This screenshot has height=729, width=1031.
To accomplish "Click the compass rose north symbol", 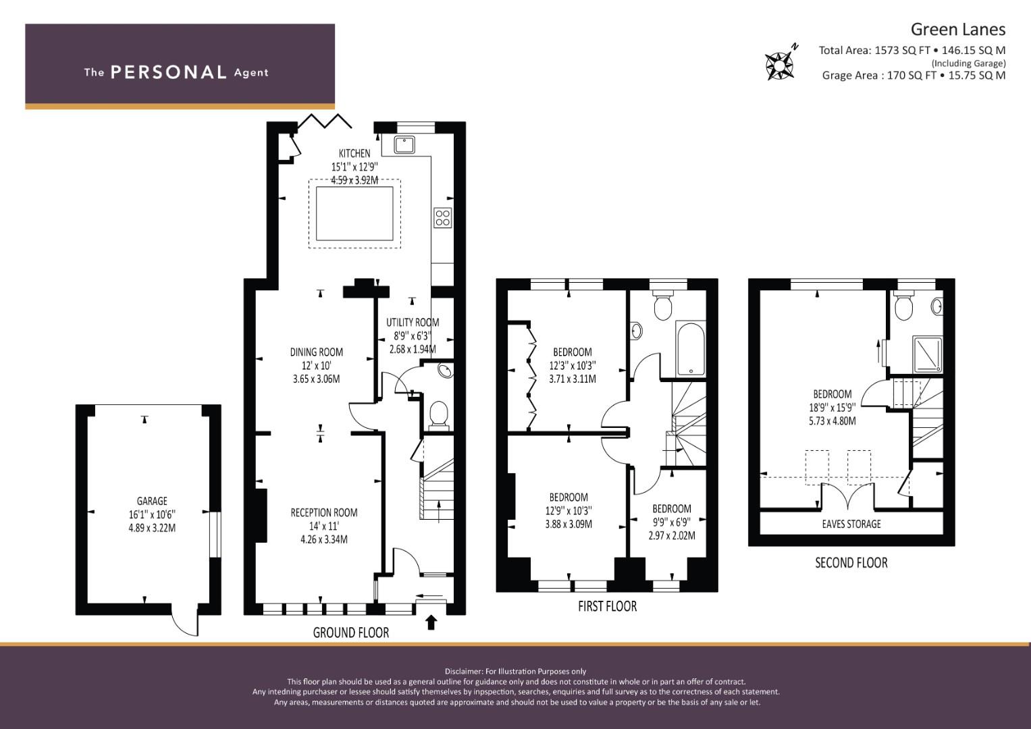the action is tap(781, 64).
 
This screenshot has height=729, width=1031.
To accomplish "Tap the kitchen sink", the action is tap(404, 144).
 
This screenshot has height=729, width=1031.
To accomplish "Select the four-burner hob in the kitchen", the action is tap(442, 217).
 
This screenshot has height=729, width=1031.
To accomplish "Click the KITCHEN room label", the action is tap(354, 153).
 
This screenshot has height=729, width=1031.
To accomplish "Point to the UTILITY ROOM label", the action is tap(413, 322).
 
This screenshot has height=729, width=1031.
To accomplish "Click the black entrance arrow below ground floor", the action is tap(431, 622).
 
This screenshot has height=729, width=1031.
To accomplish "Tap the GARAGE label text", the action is tap(152, 501).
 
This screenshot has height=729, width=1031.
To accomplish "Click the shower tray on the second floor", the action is tap(927, 354).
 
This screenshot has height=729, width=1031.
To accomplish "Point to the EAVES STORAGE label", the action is tap(851, 524).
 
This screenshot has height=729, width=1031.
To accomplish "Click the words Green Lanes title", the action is tap(958, 30).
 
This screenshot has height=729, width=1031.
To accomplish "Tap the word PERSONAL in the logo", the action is tap(169, 72).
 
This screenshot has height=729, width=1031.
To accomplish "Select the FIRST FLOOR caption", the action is tap(607, 606).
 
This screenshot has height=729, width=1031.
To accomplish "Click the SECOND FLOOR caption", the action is tap(851, 562).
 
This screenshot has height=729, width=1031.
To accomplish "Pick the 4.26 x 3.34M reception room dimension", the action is tap(324, 539).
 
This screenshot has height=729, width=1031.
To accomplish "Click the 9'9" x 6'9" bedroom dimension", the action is tap(672, 522).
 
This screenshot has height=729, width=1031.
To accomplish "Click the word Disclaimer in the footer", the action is tap(464, 672).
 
